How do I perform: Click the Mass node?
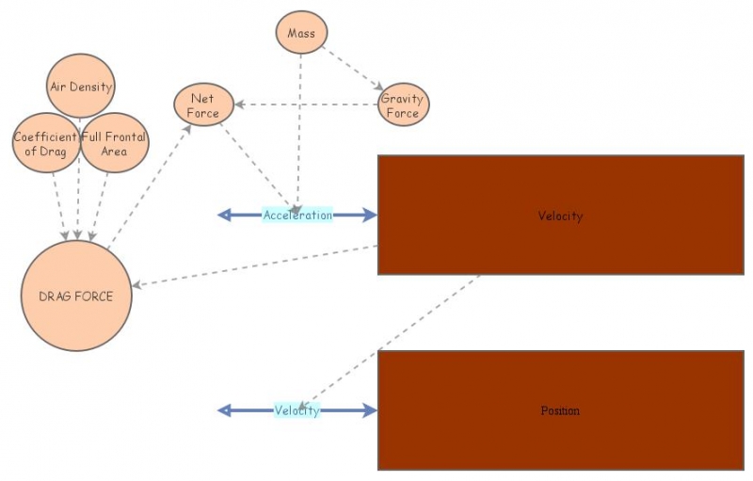click(301, 33)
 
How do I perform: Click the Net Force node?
click(203, 105)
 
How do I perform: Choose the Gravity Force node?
click(403, 105)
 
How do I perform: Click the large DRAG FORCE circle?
click(75, 296)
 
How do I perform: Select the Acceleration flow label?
click(297, 215)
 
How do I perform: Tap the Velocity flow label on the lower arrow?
click(296, 410)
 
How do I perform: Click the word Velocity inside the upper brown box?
click(560, 216)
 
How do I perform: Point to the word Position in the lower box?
click(560, 410)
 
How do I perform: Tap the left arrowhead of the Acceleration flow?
click(224, 215)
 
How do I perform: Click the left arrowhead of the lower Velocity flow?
click(224, 410)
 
